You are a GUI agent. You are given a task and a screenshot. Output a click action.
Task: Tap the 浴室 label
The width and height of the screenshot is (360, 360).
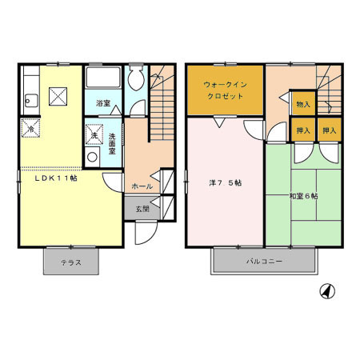coord(102,104)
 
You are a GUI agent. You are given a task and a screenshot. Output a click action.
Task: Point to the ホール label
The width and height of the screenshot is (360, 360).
coord(142,186)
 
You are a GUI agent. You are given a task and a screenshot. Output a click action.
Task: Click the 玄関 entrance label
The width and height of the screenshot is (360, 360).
coord(142,209)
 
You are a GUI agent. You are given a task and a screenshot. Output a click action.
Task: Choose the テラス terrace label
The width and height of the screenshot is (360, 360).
coord(71,262)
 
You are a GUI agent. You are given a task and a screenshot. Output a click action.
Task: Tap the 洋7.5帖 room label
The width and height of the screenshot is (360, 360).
coord(226,182)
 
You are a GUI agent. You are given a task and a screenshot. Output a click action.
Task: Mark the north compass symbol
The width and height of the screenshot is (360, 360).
coord(326,291)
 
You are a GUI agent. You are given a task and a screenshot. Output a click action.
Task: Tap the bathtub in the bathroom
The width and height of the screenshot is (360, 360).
coord(102,78)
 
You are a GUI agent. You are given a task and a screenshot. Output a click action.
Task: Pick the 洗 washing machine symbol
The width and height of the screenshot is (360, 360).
coord(94,134)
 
